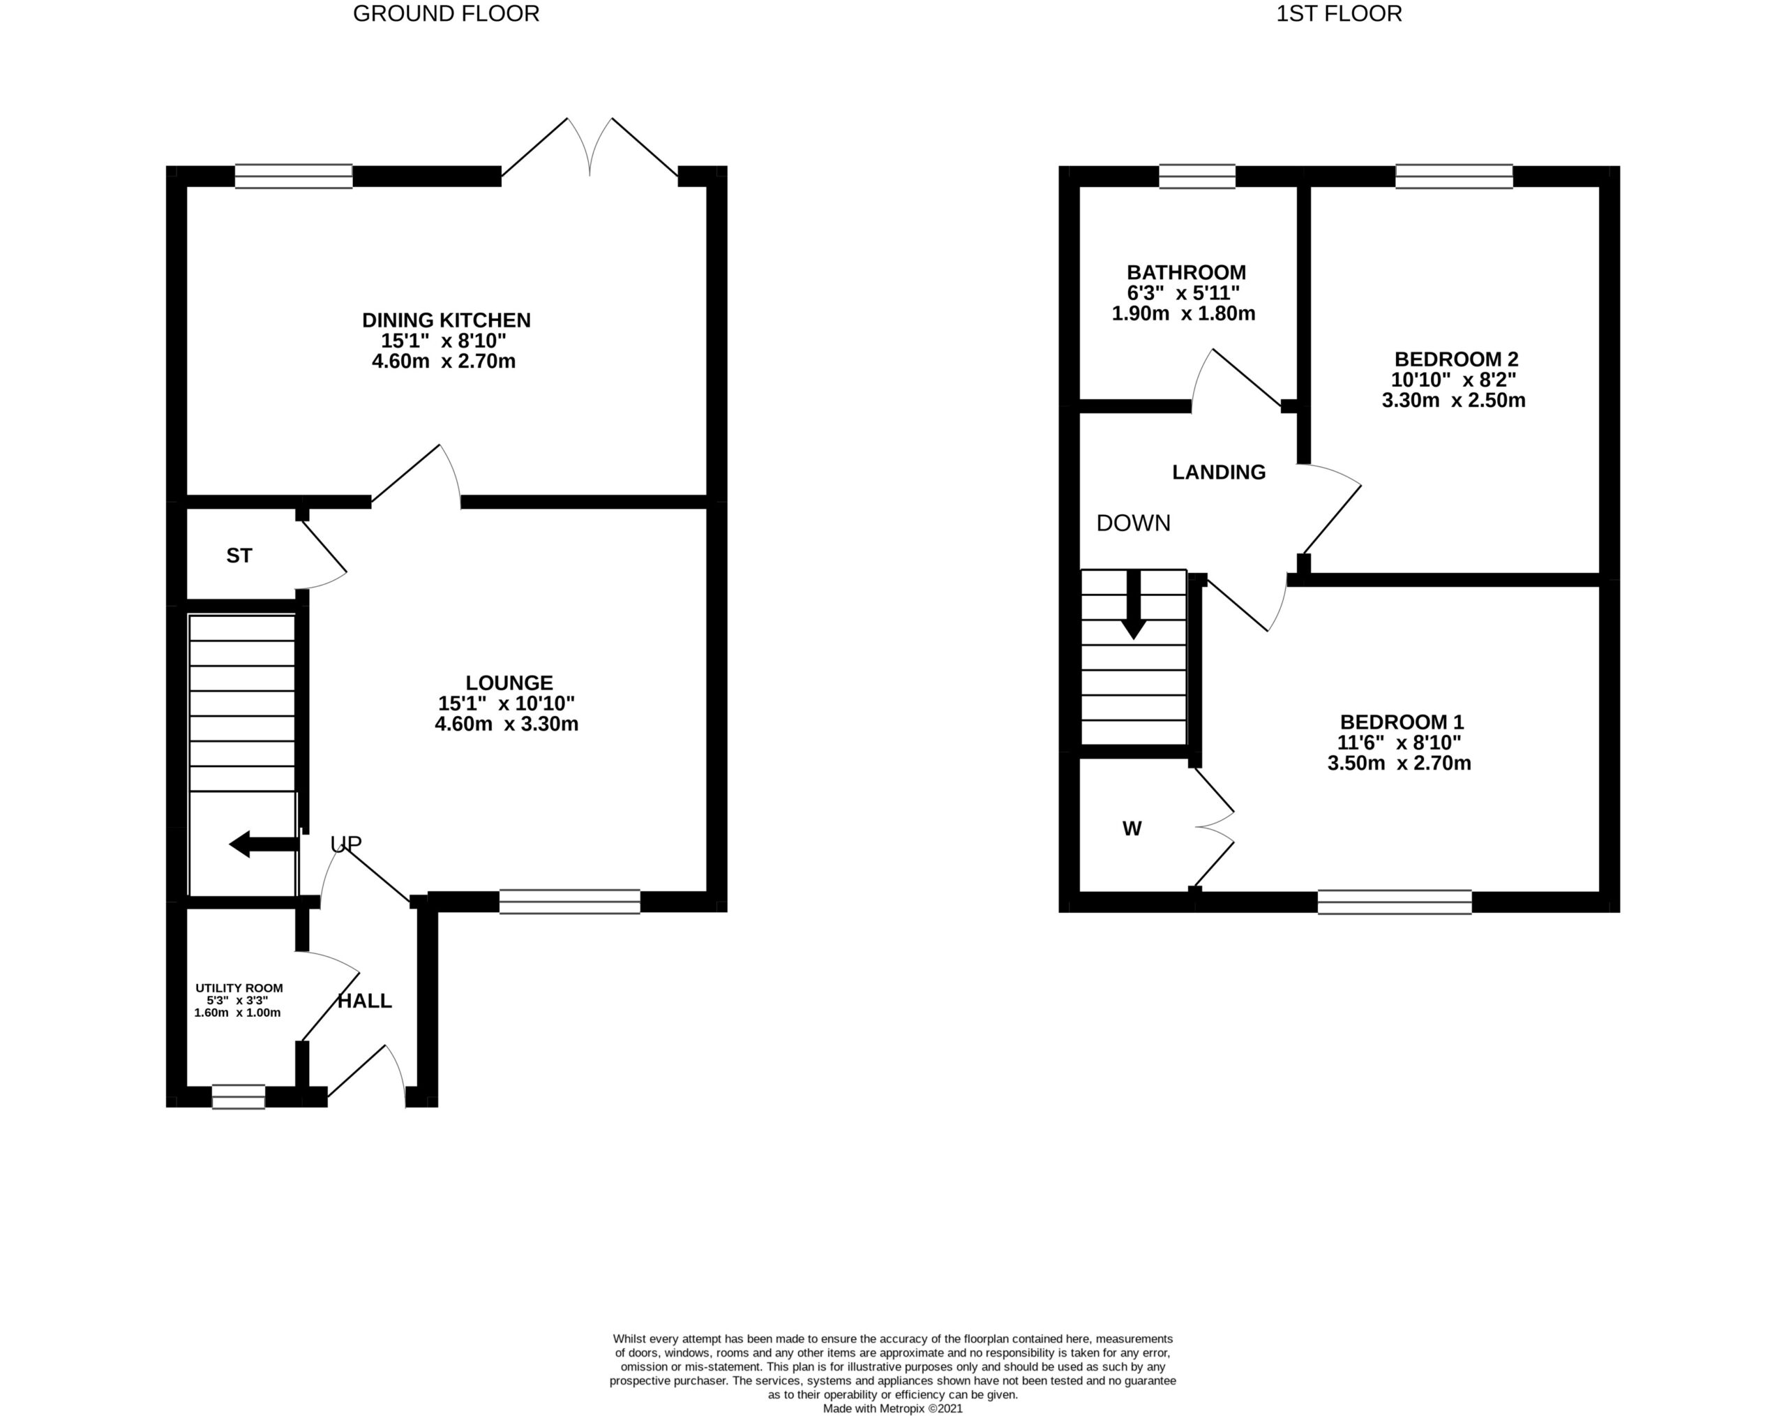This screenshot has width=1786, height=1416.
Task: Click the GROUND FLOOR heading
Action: click(446, 14)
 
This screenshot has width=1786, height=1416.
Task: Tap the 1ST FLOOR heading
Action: click(1339, 14)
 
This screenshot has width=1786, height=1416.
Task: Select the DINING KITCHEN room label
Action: click(446, 320)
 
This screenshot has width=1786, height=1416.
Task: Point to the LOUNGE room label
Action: click(509, 683)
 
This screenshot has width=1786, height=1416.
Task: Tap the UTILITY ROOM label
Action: click(239, 988)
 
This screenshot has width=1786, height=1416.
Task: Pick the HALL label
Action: click(364, 1001)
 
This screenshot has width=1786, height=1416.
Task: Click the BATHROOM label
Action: click(1186, 273)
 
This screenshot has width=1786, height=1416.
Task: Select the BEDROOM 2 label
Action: click(1456, 359)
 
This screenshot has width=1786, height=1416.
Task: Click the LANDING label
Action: click(1219, 472)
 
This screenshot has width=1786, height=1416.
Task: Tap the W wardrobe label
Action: click(1132, 828)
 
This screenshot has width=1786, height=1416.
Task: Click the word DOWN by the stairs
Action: click(1133, 523)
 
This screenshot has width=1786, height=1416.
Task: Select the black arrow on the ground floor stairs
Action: click(264, 845)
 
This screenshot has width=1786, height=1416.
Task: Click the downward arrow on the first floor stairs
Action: click(1133, 605)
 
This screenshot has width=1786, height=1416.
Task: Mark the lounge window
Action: click(570, 902)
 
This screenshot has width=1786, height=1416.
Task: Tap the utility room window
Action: click(239, 1097)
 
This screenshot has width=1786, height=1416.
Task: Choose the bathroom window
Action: click(1197, 177)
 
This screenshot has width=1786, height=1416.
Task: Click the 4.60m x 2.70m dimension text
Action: click(444, 362)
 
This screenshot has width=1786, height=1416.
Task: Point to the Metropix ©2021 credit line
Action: click(893, 1408)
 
